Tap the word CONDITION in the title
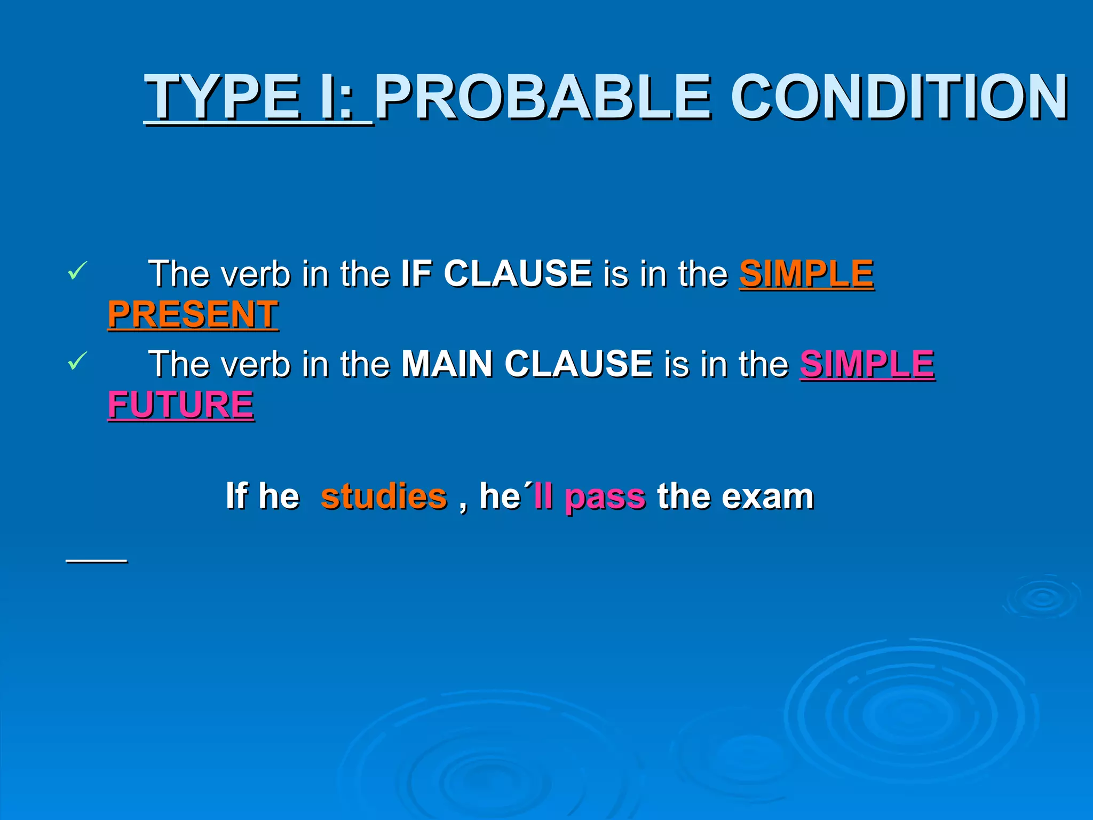coord(899,97)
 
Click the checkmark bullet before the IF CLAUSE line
coord(77,271)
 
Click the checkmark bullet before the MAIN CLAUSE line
coord(77,361)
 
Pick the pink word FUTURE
coord(181,404)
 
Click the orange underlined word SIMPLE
coord(806,273)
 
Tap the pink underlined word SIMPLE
coord(867,364)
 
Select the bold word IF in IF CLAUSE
coord(416,273)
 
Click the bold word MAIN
coord(447,364)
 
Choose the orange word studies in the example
coord(384,496)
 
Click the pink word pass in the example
coord(605,497)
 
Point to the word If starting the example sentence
coord(236,496)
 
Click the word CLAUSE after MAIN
coord(578,364)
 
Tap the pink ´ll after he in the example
coord(540,496)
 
